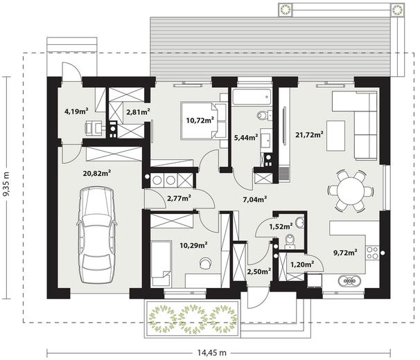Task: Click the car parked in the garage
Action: click(97, 235)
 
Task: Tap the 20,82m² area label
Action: click(97, 174)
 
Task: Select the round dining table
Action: click(351, 191)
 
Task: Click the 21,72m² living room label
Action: click(309, 134)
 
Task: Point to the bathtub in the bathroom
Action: click(252, 97)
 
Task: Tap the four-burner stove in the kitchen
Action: click(372, 253)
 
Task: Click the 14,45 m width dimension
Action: click(212, 353)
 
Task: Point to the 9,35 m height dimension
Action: click(6, 184)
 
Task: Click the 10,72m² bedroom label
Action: click(200, 120)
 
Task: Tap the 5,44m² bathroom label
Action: click(246, 138)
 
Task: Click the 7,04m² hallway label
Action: click(255, 199)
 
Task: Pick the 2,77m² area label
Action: click(179, 198)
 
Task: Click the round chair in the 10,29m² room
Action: click(205, 262)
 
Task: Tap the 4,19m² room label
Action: click(77, 111)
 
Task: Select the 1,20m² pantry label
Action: click(302, 264)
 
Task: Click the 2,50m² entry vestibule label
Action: click(259, 271)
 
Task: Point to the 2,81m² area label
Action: click(138, 112)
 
